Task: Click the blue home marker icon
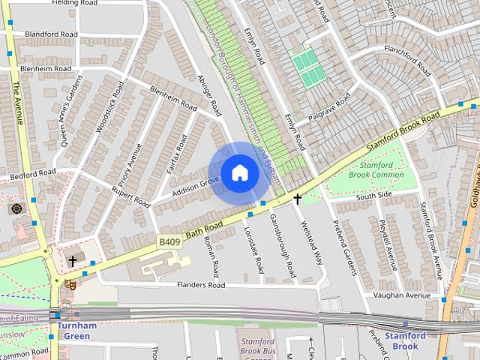pyautogui.click(x=239, y=172)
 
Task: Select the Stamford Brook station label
pyautogui.click(x=405, y=340)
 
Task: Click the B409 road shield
pyautogui.click(x=169, y=241)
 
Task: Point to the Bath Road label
pyautogui.click(x=204, y=230)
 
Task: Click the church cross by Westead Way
pyautogui.click(x=298, y=199)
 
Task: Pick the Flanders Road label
pyautogui.click(x=200, y=285)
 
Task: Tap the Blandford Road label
pyautogui.click(x=51, y=34)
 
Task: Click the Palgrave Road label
pyautogui.click(x=328, y=109)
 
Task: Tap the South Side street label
pyautogui.click(x=374, y=195)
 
